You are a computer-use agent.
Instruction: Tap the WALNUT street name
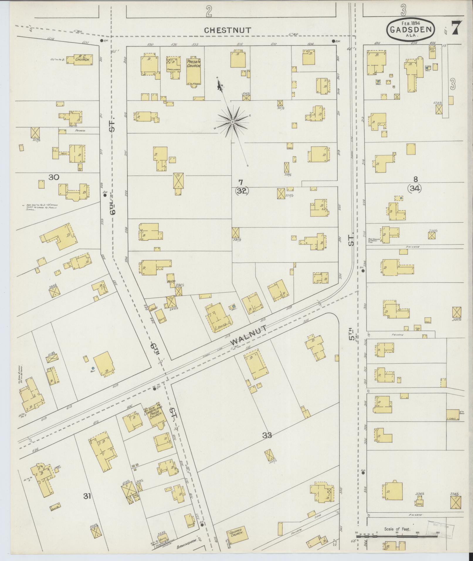coord(249,335)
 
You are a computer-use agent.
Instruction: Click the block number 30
coord(54,177)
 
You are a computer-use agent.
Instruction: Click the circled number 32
coord(242,191)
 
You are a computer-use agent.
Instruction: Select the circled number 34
coord(414,189)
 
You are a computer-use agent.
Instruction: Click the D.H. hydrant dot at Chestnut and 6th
coord(101,40)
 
